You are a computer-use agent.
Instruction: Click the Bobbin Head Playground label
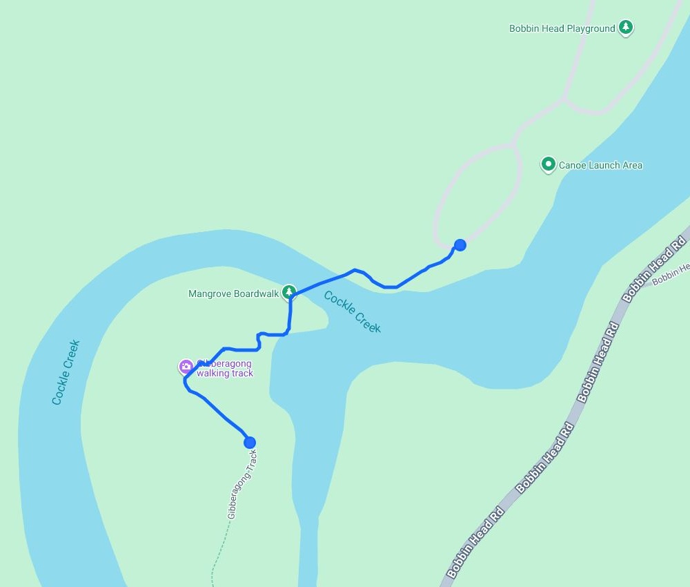[562, 28]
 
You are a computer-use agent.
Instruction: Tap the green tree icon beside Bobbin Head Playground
[625, 28]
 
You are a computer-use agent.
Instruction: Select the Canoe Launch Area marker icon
[549, 164]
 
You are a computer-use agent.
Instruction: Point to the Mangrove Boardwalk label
[233, 293]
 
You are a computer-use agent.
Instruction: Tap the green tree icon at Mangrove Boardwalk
[289, 291]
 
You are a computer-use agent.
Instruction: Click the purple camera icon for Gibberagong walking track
[186, 367]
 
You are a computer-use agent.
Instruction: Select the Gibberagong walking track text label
[225, 369]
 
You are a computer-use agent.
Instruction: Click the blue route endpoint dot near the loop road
[460, 244]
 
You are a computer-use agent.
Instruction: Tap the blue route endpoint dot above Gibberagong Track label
[250, 442]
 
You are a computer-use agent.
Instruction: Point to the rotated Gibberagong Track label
[242, 484]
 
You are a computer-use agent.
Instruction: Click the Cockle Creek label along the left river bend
[66, 372]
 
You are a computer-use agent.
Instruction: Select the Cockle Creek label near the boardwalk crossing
[352, 312]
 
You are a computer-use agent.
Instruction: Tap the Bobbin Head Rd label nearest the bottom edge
[475, 544]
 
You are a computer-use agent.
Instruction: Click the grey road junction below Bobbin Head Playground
[564, 99]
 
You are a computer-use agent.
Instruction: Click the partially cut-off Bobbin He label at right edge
[670, 274]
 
